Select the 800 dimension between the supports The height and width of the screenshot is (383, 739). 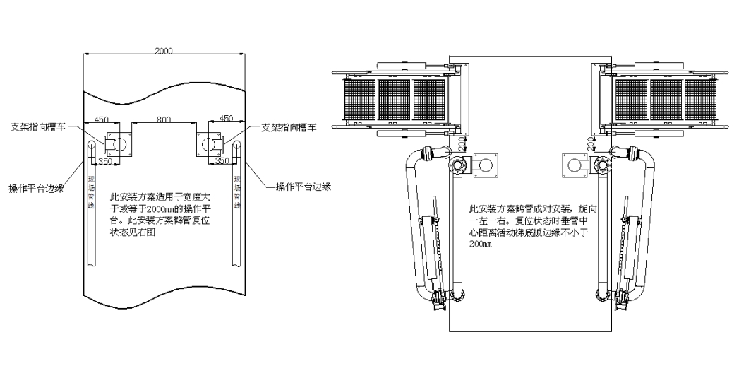pyautogui.click(x=163, y=120)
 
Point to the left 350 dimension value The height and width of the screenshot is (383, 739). pyautogui.click(x=106, y=161)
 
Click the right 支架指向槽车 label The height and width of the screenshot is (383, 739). pyautogui.click(x=289, y=128)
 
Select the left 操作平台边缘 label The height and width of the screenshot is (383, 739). pyautogui.click(x=36, y=188)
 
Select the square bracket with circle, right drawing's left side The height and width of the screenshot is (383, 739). pyautogui.click(x=487, y=164)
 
